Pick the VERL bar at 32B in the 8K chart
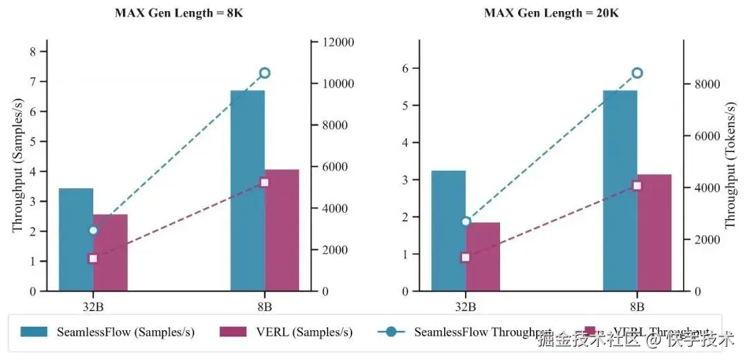(111, 252)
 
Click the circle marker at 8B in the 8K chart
(265, 73)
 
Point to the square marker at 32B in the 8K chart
(93, 258)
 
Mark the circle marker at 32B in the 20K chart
(466, 221)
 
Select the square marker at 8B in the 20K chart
(637, 185)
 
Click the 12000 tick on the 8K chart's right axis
(336, 43)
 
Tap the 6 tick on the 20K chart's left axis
(406, 68)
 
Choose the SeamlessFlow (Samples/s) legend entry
(107, 332)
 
